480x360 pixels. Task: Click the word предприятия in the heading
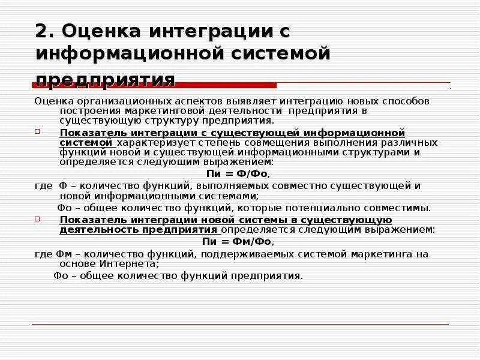105,79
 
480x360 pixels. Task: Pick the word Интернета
132,263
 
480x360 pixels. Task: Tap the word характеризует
153,143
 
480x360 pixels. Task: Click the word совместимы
403,208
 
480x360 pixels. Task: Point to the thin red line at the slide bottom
240,324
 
